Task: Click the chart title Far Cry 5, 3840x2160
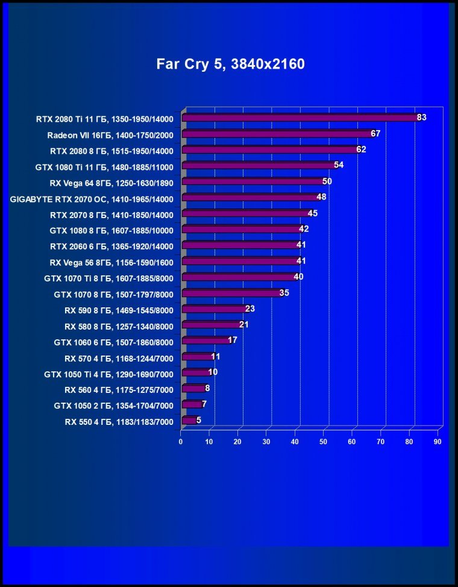(231, 64)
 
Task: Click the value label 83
(421, 118)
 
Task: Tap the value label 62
(361, 149)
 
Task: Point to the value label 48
(321, 197)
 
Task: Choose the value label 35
(284, 293)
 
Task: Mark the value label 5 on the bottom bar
(199, 420)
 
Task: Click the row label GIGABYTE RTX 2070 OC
(92, 199)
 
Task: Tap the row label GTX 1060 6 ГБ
(113, 342)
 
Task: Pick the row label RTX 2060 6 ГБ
(111, 246)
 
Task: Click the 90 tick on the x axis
(438, 442)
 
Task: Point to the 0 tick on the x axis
(181, 442)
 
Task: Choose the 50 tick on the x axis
(324, 442)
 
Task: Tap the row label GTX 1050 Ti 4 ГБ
(108, 374)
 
